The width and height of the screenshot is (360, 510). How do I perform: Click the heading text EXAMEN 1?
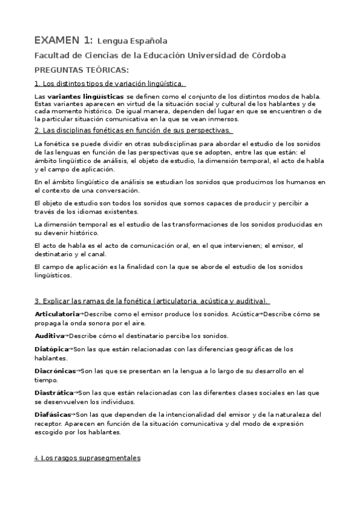pos(63,40)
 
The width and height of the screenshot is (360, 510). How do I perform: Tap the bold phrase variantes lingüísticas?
pos(86,96)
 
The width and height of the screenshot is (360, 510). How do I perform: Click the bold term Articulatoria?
pos(56,315)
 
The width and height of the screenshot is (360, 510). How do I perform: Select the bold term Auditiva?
pos(49,336)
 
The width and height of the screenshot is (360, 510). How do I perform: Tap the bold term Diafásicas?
pos(53,414)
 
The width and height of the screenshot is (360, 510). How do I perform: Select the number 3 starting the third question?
pos(37,300)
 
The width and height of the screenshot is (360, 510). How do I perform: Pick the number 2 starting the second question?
pos(37,130)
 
